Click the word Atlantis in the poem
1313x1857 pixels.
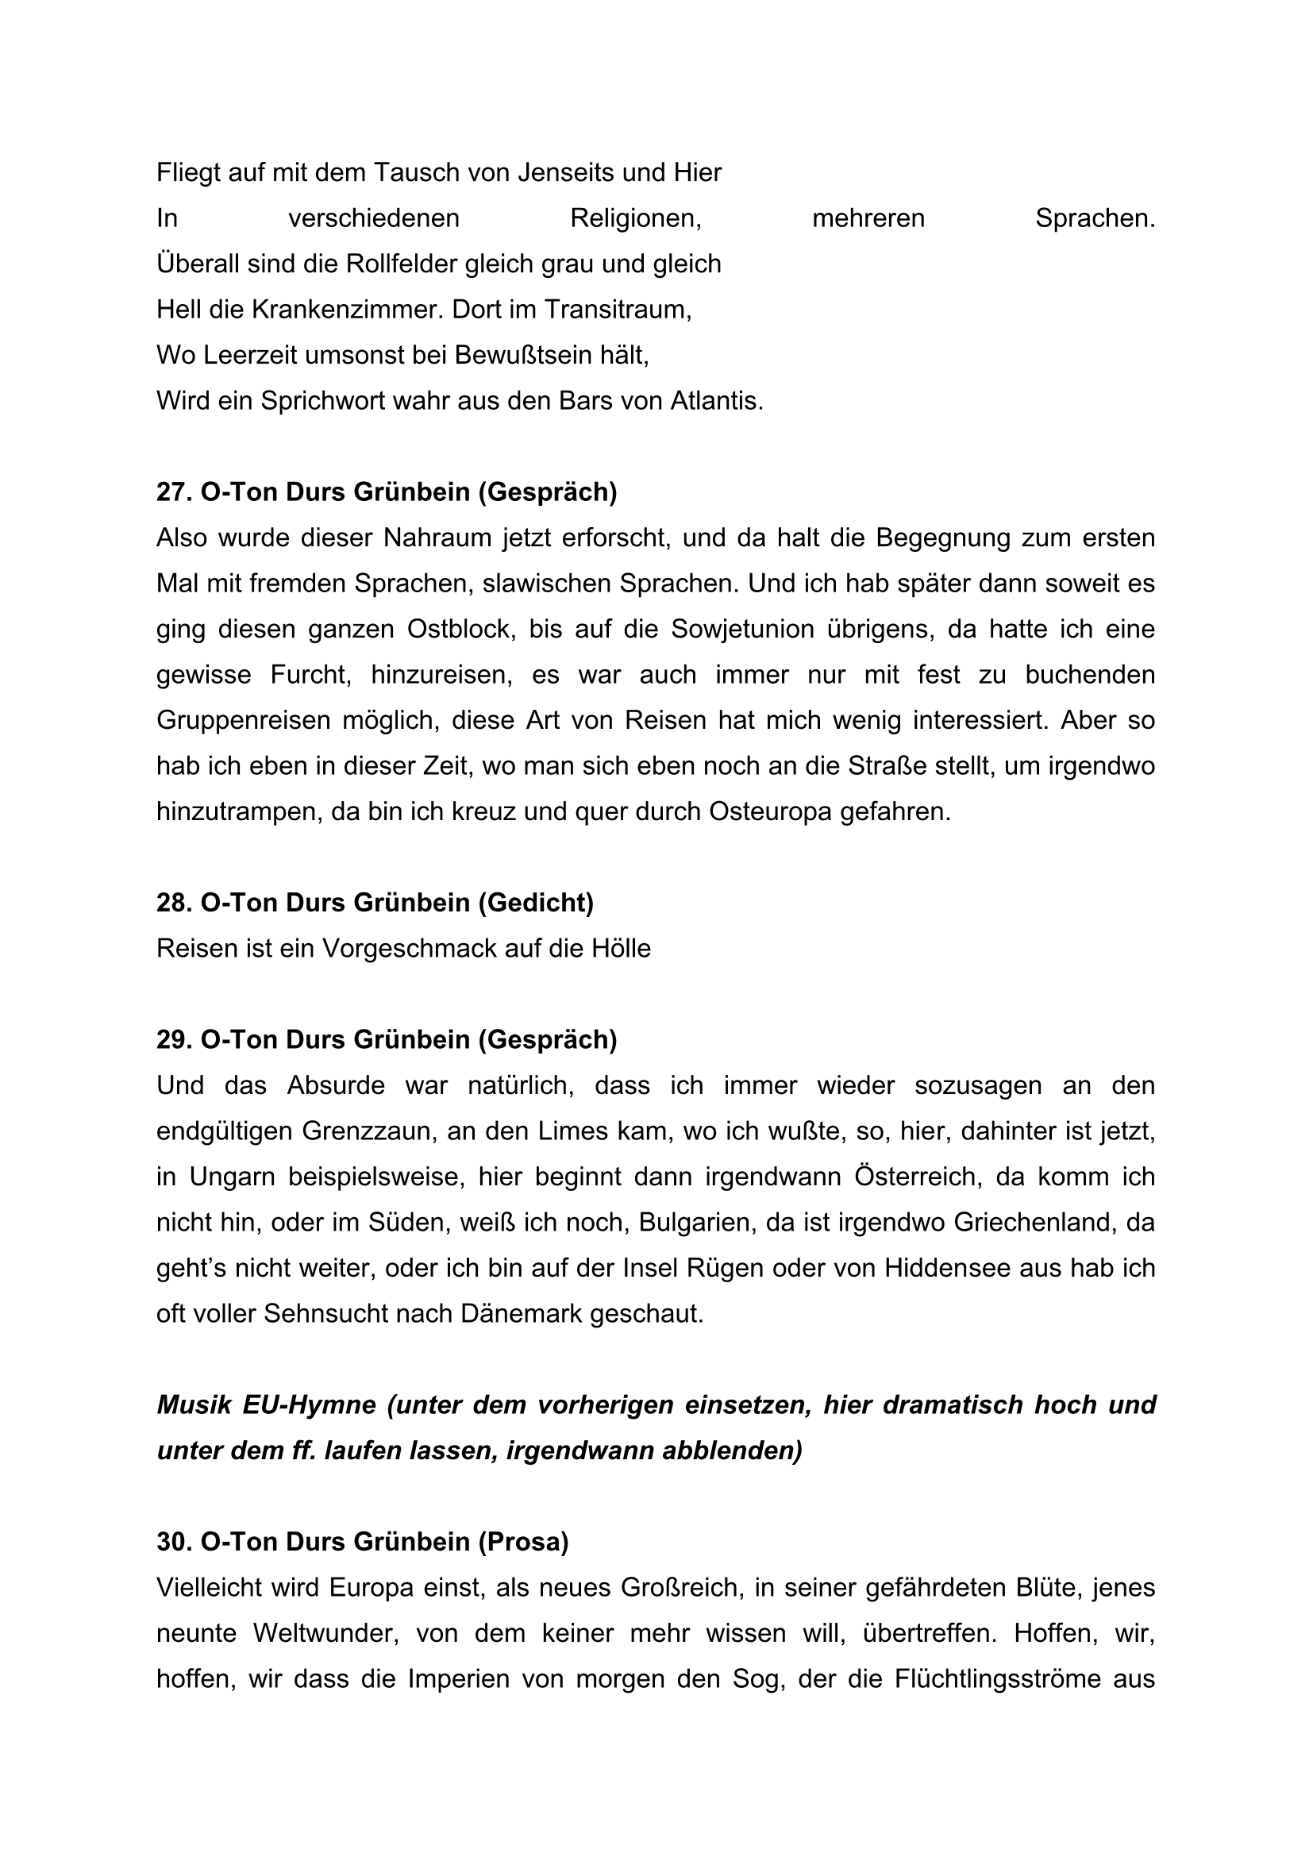click(715, 401)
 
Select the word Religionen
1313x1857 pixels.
click(636, 218)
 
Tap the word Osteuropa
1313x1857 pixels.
click(770, 811)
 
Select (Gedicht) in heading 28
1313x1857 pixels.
click(535, 903)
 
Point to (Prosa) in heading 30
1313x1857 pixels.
click(523, 1543)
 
